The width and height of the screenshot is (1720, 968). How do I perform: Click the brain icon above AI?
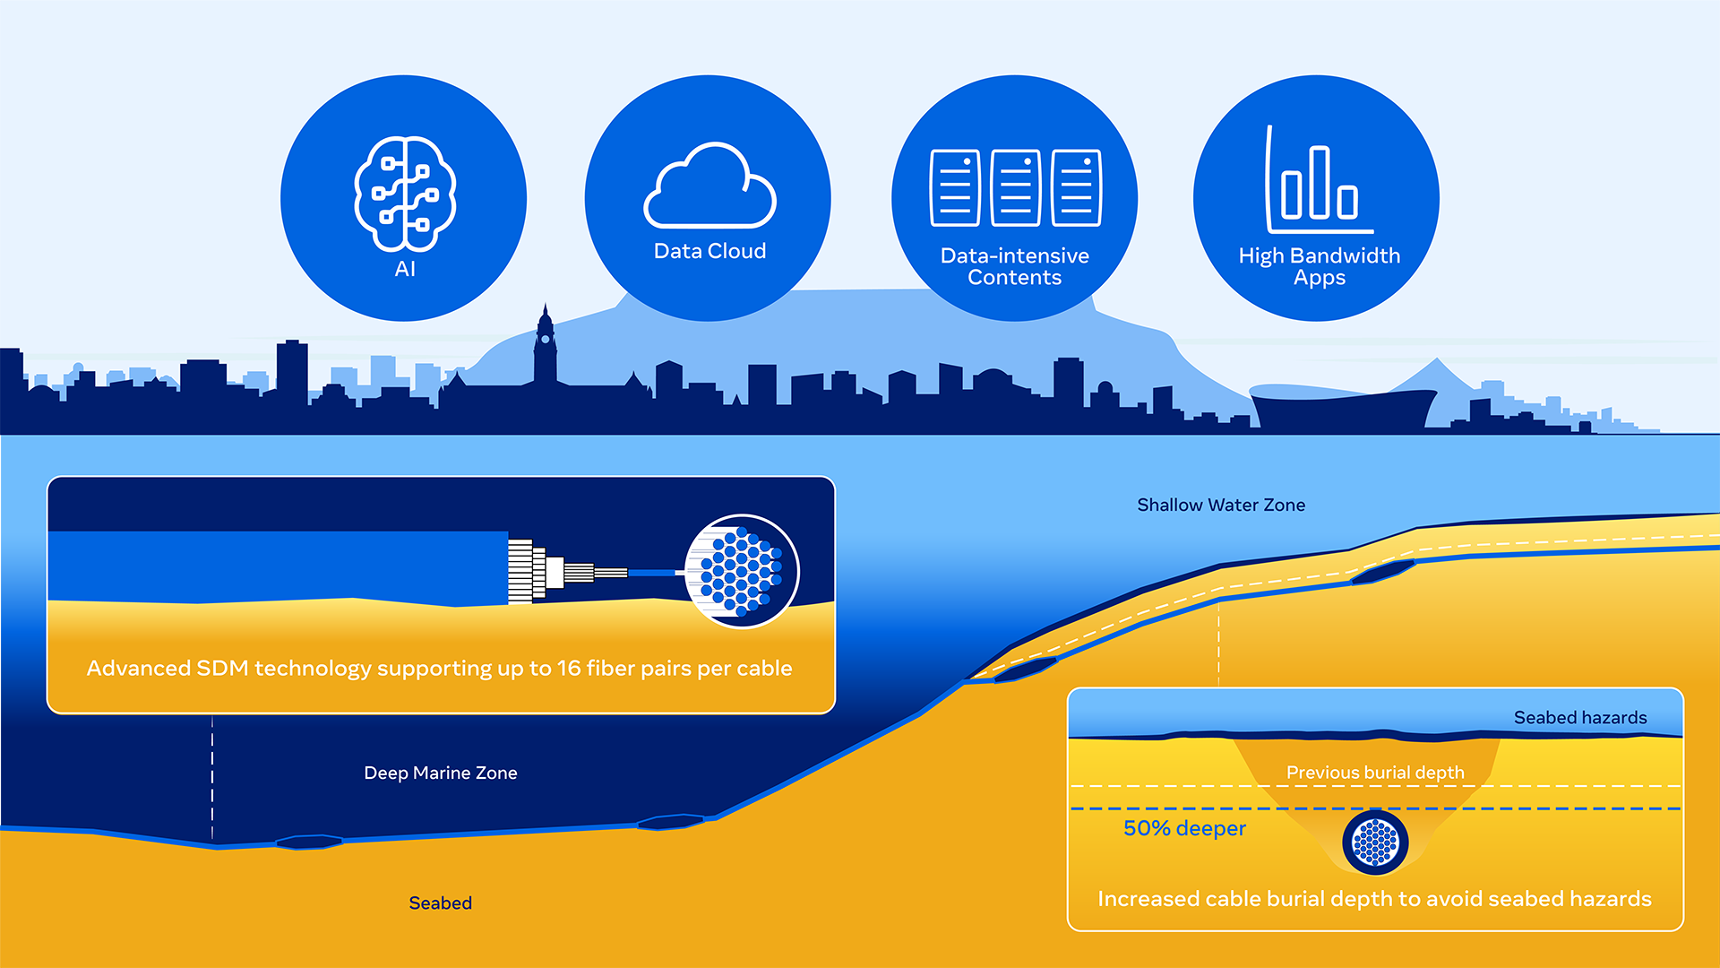click(405, 193)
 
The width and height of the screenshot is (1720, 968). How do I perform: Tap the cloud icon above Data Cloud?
click(709, 186)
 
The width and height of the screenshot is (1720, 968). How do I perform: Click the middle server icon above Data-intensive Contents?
click(1015, 187)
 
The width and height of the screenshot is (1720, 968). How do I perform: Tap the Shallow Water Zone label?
click(1220, 505)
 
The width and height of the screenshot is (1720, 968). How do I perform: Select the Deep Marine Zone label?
click(440, 773)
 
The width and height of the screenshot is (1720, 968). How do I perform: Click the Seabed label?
click(440, 903)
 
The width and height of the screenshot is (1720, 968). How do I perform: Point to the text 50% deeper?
click(1184, 828)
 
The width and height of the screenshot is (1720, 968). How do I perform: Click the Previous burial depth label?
click(1374, 773)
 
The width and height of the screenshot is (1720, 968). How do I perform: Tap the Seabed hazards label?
click(1579, 717)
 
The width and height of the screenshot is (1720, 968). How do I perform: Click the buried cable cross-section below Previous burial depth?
click(1375, 843)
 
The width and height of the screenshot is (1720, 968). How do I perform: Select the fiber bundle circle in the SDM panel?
click(741, 571)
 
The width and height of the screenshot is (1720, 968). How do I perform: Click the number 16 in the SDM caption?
click(569, 668)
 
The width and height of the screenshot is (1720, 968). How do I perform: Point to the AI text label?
click(405, 269)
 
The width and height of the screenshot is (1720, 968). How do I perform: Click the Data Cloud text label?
click(709, 251)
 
